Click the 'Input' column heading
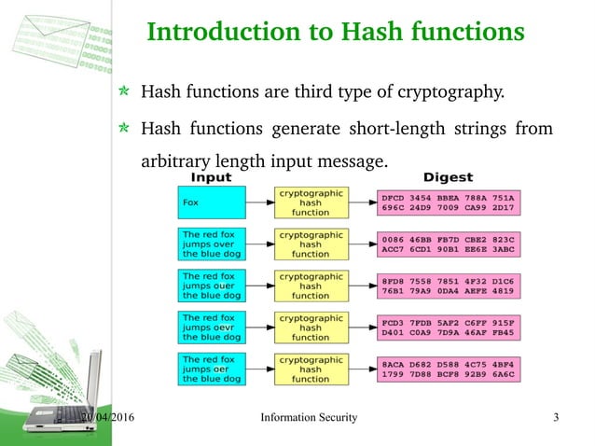point(212,176)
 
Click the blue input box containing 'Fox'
point(212,202)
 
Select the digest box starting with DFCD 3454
point(448,204)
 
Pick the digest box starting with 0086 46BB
point(448,245)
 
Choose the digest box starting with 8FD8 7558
point(448,287)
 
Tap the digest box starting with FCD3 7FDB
point(448,329)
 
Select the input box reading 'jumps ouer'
point(212,286)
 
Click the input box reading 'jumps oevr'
point(212,328)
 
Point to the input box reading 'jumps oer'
point(212,369)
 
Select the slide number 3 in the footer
point(556,417)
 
